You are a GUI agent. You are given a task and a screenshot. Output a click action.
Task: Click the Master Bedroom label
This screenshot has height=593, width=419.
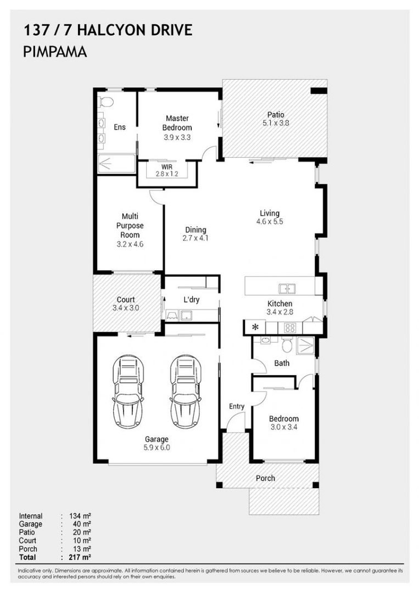pyautogui.click(x=177, y=123)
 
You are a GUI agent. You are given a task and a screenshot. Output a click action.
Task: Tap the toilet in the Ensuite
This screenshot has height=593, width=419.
pyautogui.click(x=107, y=102)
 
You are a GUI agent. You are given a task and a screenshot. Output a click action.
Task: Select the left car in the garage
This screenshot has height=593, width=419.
pyautogui.click(x=128, y=391)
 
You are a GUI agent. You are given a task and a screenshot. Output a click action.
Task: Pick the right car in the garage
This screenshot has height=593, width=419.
pyautogui.click(x=185, y=391)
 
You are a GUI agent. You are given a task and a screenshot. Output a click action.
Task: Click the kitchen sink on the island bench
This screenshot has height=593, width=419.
pyautogui.click(x=287, y=289)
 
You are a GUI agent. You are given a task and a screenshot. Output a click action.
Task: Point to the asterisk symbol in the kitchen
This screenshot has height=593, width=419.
pyautogui.click(x=255, y=327)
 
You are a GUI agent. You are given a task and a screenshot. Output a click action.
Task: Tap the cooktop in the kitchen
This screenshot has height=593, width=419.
pyautogui.click(x=290, y=327)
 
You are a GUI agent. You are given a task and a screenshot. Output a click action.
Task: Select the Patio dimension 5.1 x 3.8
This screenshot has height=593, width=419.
pyautogui.click(x=276, y=123)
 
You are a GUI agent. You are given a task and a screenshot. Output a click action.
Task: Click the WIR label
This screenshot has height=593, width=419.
pyautogui.click(x=167, y=167)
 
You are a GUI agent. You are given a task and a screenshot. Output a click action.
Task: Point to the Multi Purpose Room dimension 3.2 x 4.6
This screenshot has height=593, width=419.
pyautogui.click(x=130, y=244)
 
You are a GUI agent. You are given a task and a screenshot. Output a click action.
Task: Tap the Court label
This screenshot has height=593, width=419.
pyautogui.click(x=126, y=300)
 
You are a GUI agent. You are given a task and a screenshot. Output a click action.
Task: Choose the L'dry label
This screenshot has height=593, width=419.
pyautogui.click(x=191, y=300)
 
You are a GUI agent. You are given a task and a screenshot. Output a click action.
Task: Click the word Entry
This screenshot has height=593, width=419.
pyautogui.click(x=237, y=406)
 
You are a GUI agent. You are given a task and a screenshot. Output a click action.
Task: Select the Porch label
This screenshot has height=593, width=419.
pyautogui.click(x=265, y=478)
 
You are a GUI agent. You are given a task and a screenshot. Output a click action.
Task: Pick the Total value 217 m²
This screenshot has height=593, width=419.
pyautogui.click(x=80, y=557)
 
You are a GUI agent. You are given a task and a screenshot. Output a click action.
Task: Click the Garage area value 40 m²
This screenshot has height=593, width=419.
pyautogui.click(x=82, y=524)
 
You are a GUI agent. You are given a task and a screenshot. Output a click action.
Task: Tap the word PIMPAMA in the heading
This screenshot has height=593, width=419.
pyautogui.click(x=55, y=52)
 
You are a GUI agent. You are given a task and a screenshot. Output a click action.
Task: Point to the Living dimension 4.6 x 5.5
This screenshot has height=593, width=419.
pyautogui.click(x=270, y=222)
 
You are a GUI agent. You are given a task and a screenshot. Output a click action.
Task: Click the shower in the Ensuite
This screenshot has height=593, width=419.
pyautogui.click(x=116, y=164)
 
